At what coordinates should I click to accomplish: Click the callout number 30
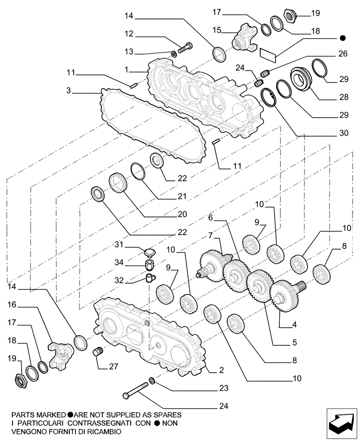[343, 133]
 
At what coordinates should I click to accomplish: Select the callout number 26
[343, 54]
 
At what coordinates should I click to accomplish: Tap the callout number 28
[343, 97]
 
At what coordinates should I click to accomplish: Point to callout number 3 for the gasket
[68, 91]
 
